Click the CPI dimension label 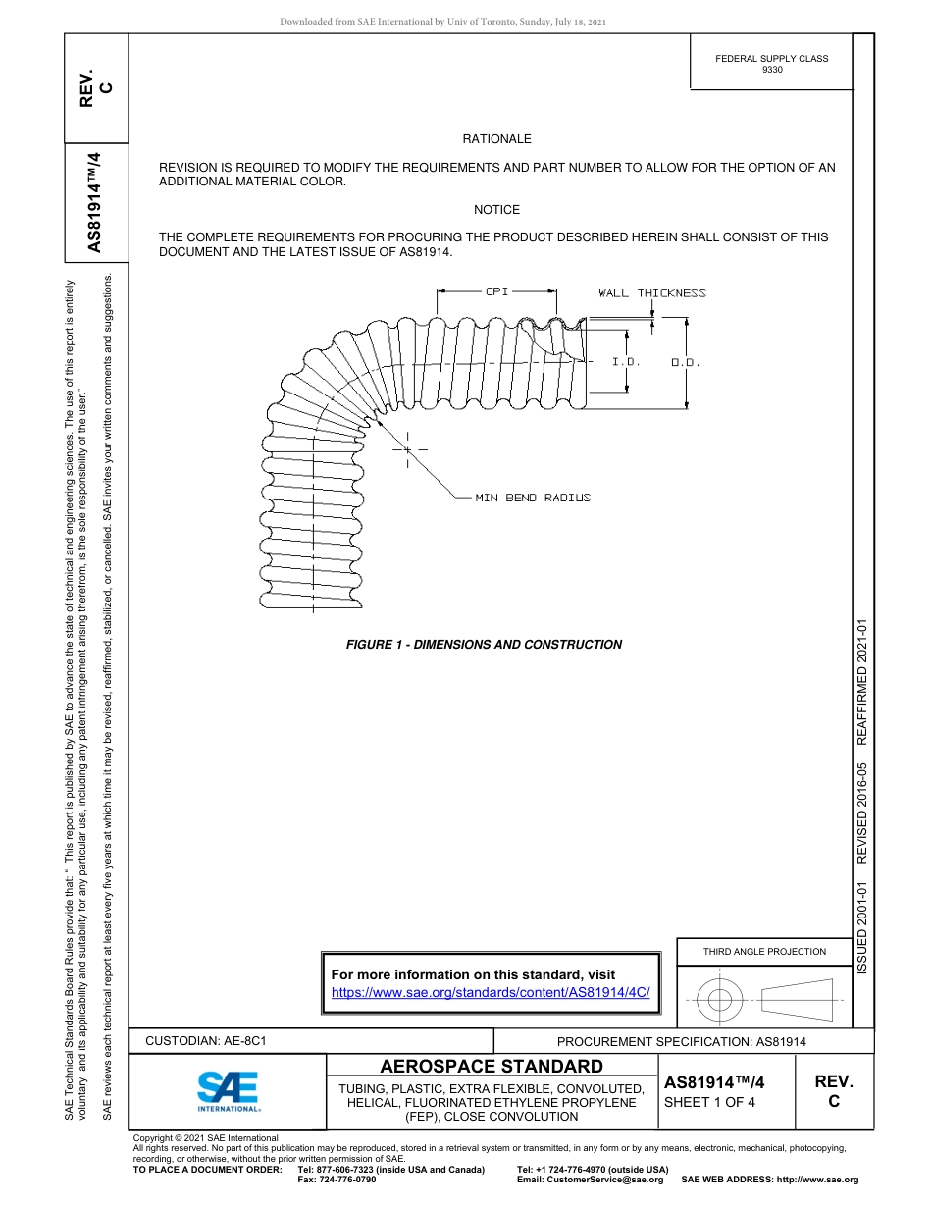click(x=496, y=291)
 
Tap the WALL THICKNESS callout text click(x=651, y=293)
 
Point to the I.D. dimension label click(x=626, y=362)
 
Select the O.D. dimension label click(x=685, y=363)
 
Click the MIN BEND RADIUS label click(x=533, y=499)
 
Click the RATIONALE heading click(x=496, y=139)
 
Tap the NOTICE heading click(x=496, y=210)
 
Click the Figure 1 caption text click(x=484, y=645)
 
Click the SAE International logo click(x=228, y=1089)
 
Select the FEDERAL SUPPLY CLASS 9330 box click(x=771, y=64)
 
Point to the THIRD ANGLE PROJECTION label click(x=764, y=951)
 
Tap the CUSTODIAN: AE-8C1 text click(x=206, y=1041)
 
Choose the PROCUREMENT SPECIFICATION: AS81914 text click(x=681, y=1042)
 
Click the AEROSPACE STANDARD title click(x=492, y=1067)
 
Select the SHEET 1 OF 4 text click(x=709, y=1102)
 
